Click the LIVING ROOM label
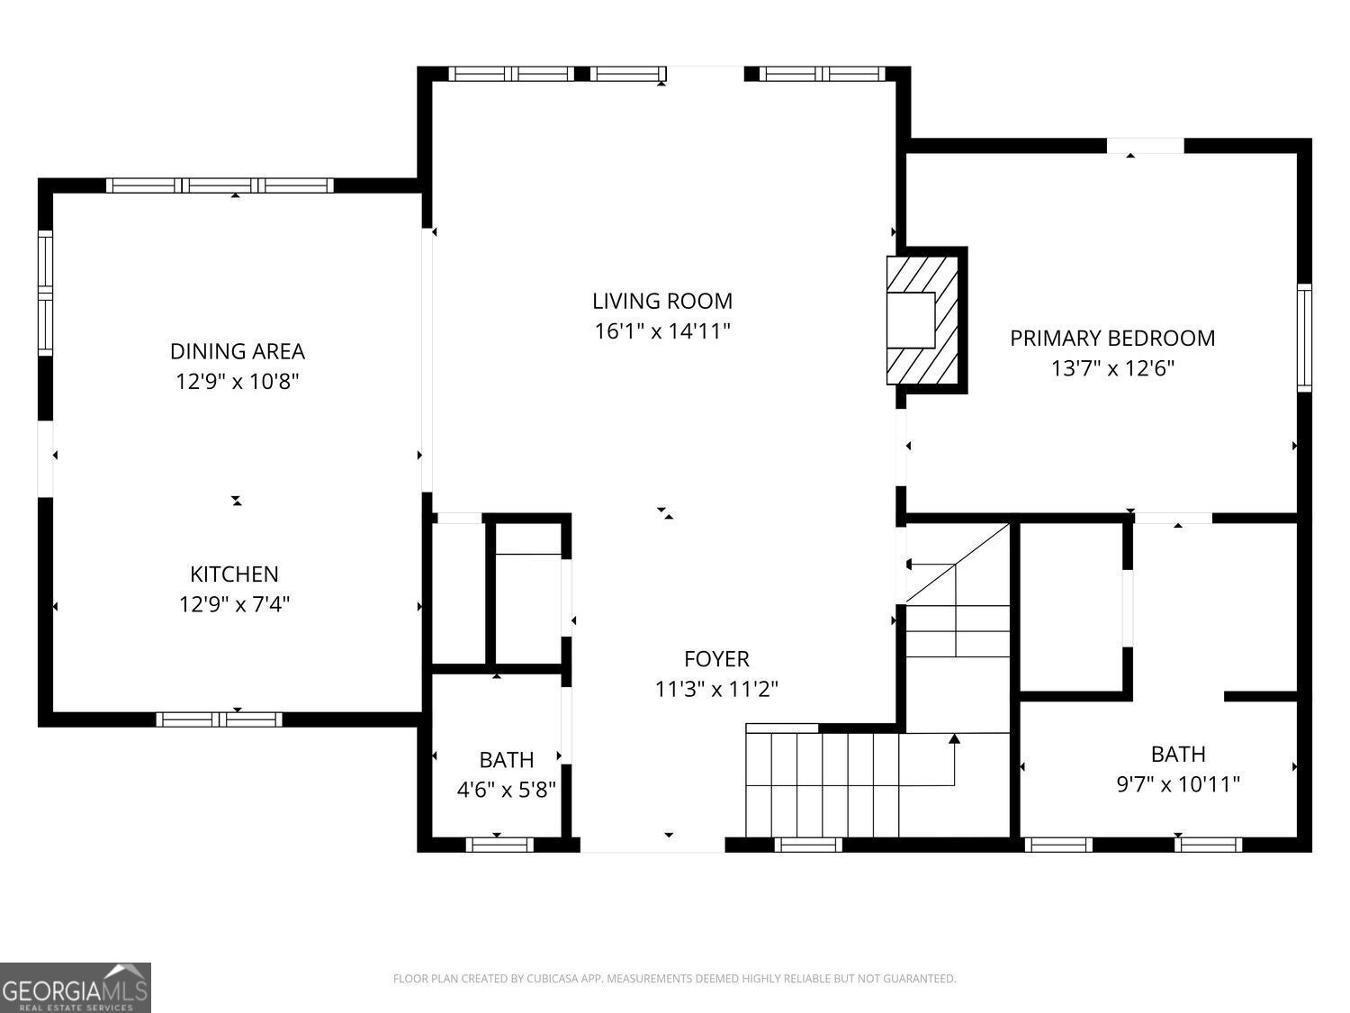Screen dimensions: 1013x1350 [661, 301]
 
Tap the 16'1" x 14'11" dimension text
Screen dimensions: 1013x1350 [661, 331]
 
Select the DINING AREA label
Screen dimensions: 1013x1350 [237, 351]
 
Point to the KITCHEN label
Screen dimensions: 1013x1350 [234, 574]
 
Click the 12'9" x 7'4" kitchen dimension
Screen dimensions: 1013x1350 [234, 604]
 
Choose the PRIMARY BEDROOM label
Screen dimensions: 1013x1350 [1111, 339]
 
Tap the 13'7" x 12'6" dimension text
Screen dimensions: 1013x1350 [1112, 368]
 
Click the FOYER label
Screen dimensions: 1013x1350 [716, 659]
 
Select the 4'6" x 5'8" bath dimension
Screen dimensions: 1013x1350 [506, 791]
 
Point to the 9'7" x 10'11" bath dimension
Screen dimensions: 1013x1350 [1178, 784]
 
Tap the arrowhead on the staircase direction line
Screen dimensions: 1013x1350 [955, 739]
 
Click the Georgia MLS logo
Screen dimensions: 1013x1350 [75, 988]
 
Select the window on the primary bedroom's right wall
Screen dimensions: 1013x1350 [1303, 338]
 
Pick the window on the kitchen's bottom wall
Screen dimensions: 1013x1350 [219, 719]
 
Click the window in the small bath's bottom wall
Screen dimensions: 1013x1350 [499, 845]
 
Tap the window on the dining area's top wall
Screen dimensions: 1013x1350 [220, 185]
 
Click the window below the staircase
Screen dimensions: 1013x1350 [808, 845]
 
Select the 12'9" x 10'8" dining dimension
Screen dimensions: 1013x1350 [237, 382]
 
